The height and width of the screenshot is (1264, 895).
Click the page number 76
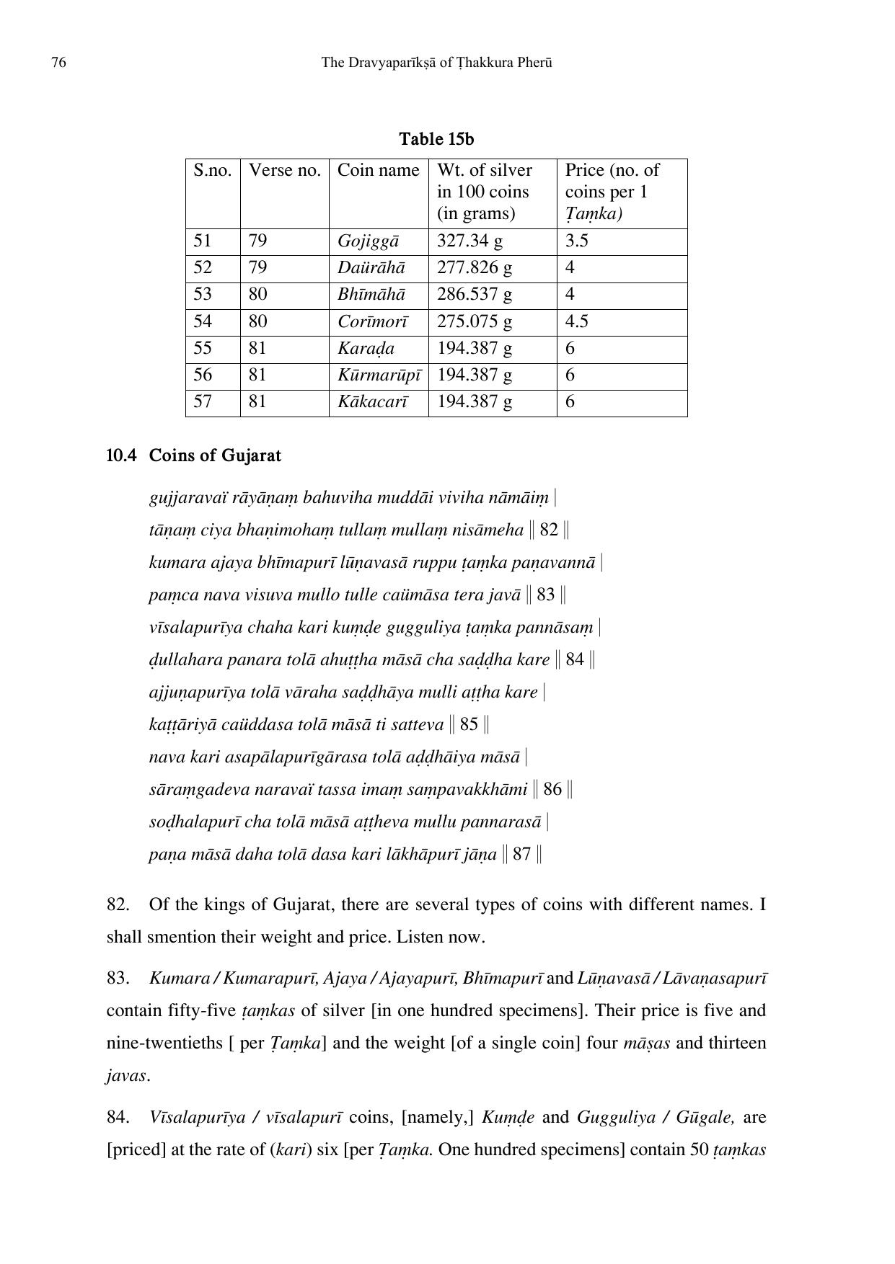pyautogui.click(x=58, y=63)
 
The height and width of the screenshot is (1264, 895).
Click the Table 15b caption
pyautogui.click(x=436, y=138)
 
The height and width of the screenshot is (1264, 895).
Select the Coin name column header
pyautogui.click(x=378, y=170)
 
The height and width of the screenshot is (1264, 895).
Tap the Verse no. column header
pyautogui.click(x=284, y=170)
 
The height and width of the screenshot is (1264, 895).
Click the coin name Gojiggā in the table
pyautogui.click(x=368, y=241)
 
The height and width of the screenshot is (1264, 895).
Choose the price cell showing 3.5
pyautogui.click(x=576, y=241)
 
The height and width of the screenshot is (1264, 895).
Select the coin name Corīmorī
pyautogui.click(x=372, y=321)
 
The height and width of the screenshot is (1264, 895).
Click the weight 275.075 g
pyautogui.click(x=474, y=321)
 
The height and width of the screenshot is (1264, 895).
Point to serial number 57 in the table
pyautogui.click(x=203, y=401)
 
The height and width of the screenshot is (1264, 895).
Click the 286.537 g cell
pyautogui.click(x=474, y=294)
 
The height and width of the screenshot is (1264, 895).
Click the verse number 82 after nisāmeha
pyautogui.click(x=549, y=530)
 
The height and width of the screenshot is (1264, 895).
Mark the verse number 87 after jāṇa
pyautogui.click(x=521, y=855)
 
